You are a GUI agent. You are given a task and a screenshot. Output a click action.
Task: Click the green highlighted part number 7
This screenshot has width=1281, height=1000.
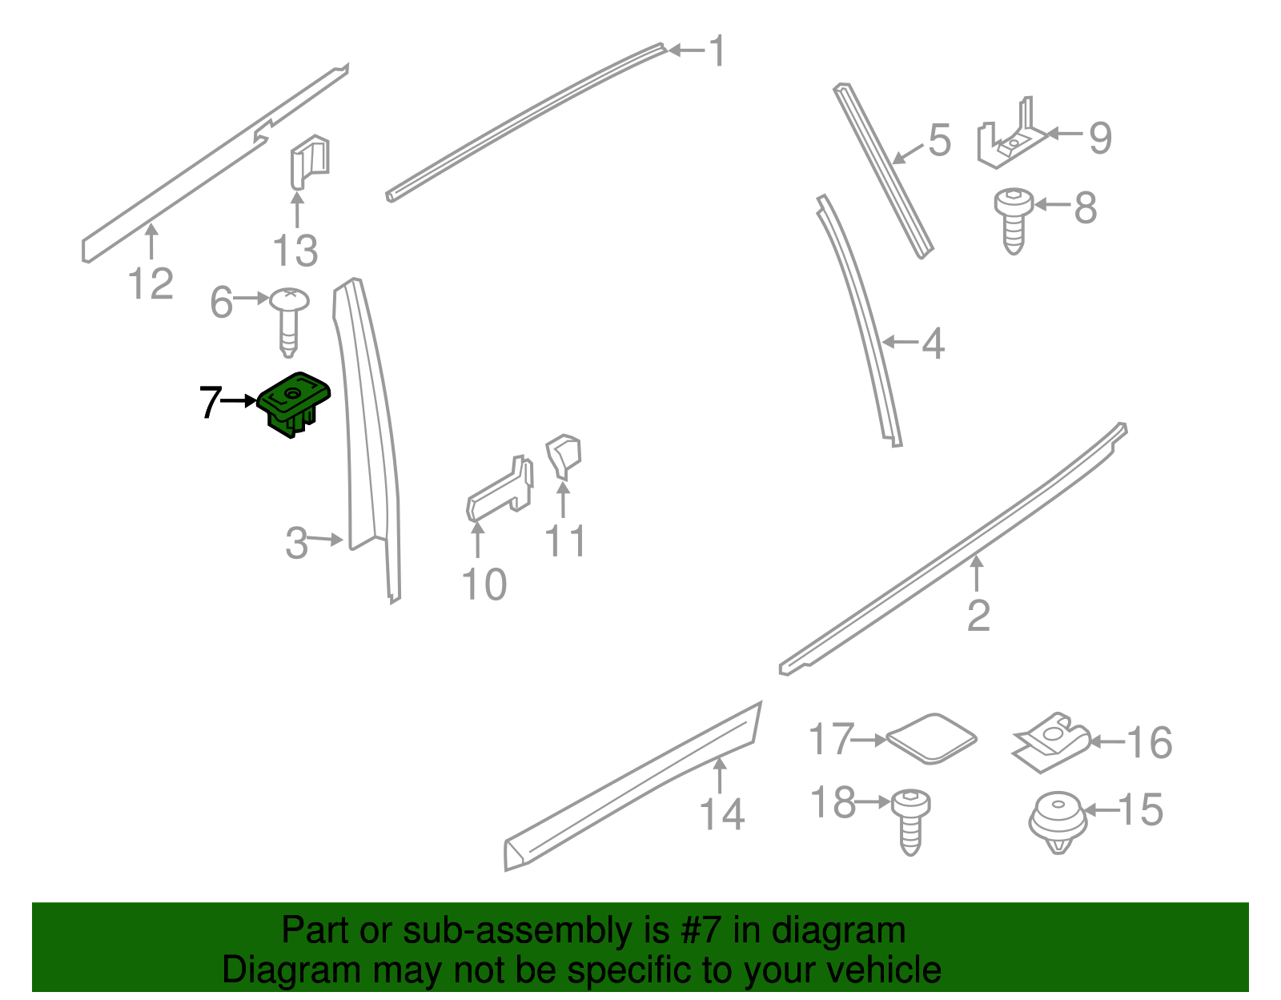click(294, 404)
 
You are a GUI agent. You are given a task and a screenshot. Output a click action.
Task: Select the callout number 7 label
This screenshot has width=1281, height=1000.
click(211, 402)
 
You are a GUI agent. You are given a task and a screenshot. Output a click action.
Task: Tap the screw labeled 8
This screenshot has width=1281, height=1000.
click(1014, 221)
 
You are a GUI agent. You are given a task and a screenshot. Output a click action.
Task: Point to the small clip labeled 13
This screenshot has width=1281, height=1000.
click(310, 162)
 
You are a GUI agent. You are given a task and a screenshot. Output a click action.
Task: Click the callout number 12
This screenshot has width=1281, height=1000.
click(151, 283)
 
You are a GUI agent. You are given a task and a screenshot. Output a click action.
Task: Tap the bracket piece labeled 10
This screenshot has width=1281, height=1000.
click(500, 489)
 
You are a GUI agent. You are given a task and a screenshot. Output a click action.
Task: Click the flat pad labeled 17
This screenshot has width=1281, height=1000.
click(931, 738)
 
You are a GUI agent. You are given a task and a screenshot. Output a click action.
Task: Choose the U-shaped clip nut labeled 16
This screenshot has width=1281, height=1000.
click(1051, 742)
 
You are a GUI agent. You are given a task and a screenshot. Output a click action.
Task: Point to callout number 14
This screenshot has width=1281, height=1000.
click(722, 814)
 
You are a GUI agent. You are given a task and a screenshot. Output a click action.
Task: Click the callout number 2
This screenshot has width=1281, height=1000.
click(978, 616)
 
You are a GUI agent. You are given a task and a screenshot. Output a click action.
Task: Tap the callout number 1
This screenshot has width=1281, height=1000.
click(717, 50)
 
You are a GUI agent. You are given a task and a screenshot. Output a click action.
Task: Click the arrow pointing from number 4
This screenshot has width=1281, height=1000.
click(900, 341)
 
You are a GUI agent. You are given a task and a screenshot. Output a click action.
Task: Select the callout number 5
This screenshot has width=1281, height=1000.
click(940, 140)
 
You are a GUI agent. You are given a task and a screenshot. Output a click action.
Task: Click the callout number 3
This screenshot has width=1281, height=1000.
click(296, 543)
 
